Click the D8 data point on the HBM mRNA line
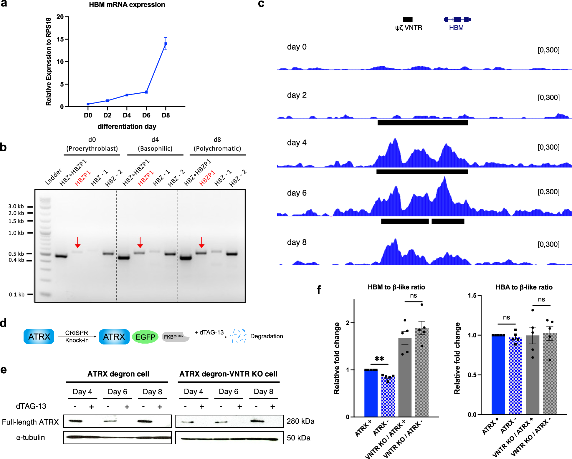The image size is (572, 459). tap(166, 44)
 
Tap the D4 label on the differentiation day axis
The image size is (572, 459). tap(127, 115)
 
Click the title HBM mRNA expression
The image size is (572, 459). tap(127, 4)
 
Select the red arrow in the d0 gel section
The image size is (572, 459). tap(77, 243)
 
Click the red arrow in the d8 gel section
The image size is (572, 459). tap(201, 243)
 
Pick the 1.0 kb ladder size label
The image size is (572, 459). tap(16, 233)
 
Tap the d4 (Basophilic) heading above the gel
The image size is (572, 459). tap(155, 144)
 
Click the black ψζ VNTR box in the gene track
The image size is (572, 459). tap(408, 19)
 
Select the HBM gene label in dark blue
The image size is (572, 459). tap(456, 28)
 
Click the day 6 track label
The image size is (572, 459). tap(297, 193)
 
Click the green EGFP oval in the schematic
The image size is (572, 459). tap(145, 337)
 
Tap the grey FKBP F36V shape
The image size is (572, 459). tap(175, 337)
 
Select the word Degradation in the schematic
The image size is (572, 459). tap(266, 336)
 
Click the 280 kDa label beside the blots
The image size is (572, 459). tap(300, 421)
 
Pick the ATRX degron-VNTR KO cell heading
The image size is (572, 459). tap(228, 374)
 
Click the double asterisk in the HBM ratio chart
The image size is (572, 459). tap(379, 359)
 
